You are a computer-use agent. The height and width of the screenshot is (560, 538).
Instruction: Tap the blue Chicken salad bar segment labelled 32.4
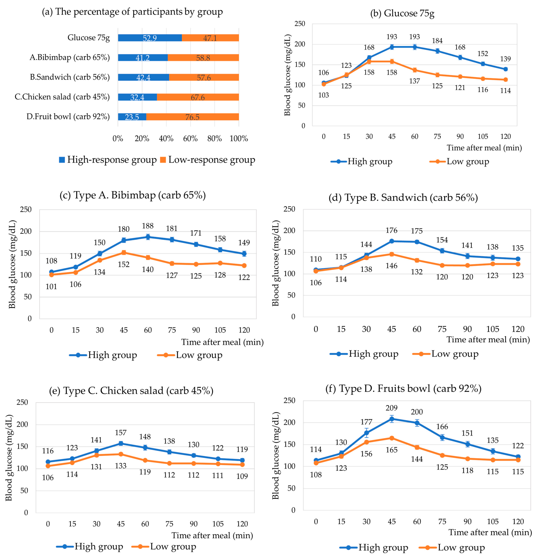pos(137,97)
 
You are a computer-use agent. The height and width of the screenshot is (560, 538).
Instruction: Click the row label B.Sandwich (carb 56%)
pos(70,77)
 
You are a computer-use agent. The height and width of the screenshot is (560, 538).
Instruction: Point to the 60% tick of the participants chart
pos(190,139)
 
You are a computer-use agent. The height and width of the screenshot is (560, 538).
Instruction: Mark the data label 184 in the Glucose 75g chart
pos(437,41)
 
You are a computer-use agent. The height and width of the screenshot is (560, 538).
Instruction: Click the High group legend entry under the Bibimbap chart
pos(103,355)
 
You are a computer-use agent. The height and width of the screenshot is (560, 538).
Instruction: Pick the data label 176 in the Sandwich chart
pos(391,230)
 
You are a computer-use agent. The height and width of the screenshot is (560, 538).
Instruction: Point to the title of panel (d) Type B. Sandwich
pos(403,197)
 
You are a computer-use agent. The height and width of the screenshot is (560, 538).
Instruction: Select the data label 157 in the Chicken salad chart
pos(121,433)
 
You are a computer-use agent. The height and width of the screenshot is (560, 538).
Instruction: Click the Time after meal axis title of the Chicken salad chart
pos(212,535)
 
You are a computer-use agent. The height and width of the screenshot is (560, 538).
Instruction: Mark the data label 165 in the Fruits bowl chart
pos(391,450)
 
